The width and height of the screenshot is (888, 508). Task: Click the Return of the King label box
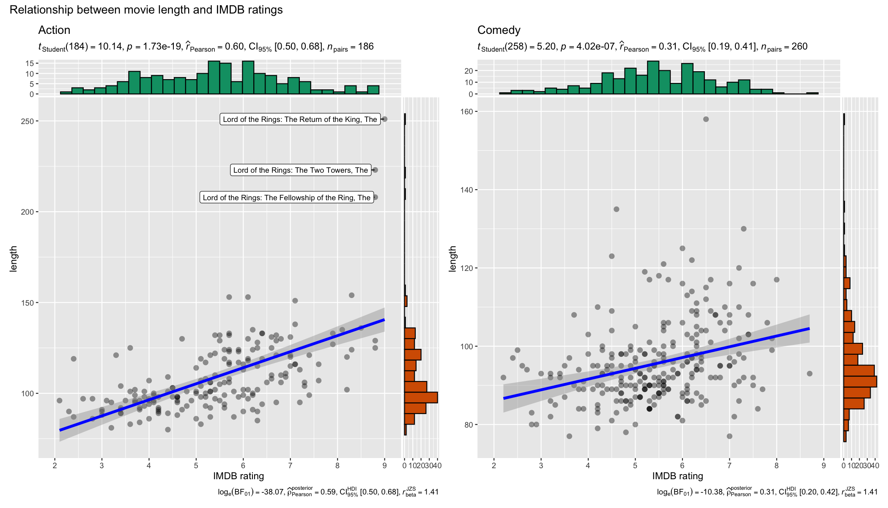(300, 119)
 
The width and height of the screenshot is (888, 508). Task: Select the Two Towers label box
(301, 170)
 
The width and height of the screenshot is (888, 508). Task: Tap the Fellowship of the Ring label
(286, 198)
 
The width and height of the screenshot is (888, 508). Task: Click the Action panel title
(54, 30)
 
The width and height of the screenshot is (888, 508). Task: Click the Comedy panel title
(499, 30)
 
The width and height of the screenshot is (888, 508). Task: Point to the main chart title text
(146, 10)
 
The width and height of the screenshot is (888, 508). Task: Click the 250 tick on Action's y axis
(27, 121)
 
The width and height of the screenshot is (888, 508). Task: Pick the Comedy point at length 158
(706, 119)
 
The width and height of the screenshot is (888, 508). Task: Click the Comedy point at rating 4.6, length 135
(617, 209)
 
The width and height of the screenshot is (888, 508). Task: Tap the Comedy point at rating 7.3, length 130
(744, 229)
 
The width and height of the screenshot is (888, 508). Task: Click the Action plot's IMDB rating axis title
(238, 476)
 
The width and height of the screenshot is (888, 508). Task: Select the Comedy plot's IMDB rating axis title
(677, 476)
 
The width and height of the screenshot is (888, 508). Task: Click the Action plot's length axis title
(14, 258)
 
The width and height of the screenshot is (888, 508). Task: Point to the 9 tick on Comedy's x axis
(823, 466)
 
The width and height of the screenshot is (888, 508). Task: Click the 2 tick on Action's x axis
(55, 466)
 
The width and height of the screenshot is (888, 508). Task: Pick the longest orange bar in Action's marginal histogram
(421, 398)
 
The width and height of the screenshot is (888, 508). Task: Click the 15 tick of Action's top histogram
(30, 63)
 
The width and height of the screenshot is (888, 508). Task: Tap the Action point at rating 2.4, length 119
(74, 359)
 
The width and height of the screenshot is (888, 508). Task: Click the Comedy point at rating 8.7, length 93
(809, 373)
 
